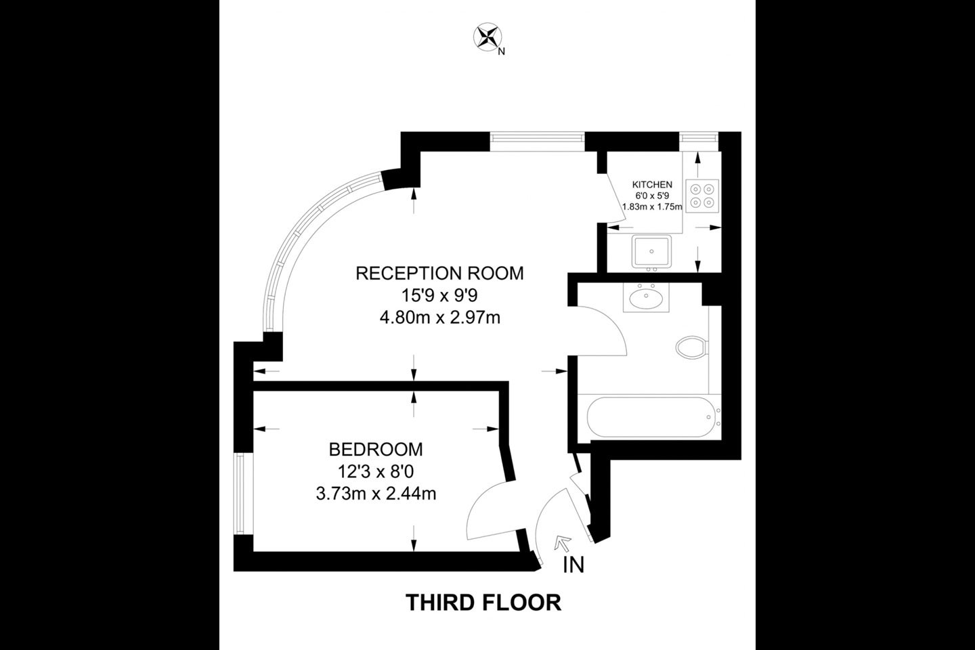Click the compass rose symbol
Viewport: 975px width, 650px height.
click(x=487, y=37)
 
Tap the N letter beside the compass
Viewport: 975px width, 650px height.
click(x=502, y=51)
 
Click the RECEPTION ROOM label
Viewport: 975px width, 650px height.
click(x=439, y=274)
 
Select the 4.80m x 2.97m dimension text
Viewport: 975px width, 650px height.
click(x=439, y=318)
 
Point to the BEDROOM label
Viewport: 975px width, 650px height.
click(x=376, y=450)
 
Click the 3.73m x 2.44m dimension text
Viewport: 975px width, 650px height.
click(x=376, y=494)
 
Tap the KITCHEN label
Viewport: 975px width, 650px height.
click(x=652, y=185)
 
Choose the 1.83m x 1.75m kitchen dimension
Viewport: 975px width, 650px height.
click(x=652, y=207)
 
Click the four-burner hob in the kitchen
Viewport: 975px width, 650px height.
click(x=702, y=196)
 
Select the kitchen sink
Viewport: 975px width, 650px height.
click(x=651, y=252)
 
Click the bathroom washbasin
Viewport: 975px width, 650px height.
click(x=646, y=298)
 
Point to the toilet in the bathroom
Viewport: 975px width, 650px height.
click(x=692, y=347)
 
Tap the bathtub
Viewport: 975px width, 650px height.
click(x=651, y=417)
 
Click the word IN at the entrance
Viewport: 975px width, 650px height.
click(x=573, y=565)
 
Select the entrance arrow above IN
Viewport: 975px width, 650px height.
click(x=563, y=543)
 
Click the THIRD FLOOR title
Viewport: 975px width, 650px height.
click(x=483, y=603)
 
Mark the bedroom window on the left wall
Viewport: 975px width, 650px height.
click(x=244, y=494)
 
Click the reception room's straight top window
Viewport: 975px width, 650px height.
click(x=537, y=142)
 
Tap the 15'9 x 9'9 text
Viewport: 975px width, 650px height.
click(x=439, y=296)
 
